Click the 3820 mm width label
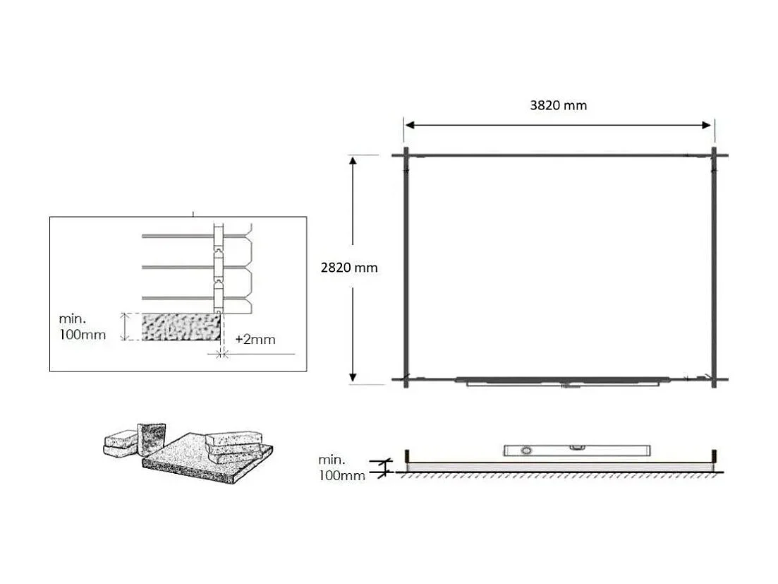558,105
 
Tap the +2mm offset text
255,340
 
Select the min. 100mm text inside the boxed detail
83,327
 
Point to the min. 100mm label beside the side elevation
341,468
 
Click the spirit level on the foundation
577,450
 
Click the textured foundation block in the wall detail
182,328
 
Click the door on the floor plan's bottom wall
562,381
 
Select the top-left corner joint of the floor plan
406,155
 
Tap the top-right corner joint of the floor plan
714,155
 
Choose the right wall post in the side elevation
715,458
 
